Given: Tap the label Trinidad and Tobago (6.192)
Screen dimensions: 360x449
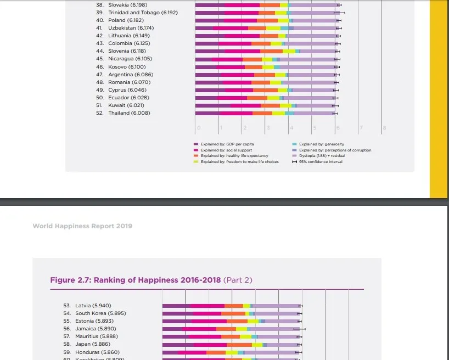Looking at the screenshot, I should pos(143,13).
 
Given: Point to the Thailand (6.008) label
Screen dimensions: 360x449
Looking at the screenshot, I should pos(129,113).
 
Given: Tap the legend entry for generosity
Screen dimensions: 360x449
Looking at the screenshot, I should pos(322,144).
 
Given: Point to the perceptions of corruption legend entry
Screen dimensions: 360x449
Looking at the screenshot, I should pos(335,150).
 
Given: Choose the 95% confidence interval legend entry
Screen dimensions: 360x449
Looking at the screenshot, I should pos(321,162).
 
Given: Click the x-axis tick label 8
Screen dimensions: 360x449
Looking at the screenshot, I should pos(384,128).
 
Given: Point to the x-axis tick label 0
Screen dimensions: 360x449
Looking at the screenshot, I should pos(199,128).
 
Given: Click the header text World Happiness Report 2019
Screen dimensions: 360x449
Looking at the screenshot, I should pos(82,226).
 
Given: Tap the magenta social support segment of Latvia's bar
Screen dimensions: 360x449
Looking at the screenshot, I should pos(207,306).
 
